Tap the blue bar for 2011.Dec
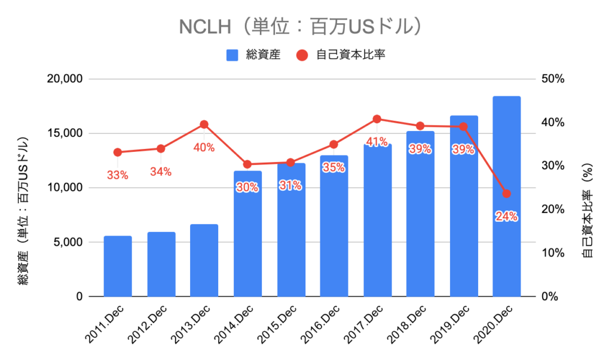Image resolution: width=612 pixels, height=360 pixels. tap(118, 266)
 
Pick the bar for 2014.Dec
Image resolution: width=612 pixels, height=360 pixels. tap(247, 233)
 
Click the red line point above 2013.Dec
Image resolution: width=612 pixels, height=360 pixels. tap(204, 124)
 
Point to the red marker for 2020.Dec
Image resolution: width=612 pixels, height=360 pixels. tap(507, 194)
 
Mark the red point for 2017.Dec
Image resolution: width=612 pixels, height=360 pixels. tap(377, 119)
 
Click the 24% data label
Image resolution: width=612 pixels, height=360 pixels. tap(507, 216)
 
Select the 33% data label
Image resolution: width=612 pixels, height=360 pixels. tap(118, 175)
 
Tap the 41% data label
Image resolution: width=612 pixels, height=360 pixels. tap(377, 142)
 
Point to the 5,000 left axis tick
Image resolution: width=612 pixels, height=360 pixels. tap(68, 242)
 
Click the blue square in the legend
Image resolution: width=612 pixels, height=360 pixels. tap(232, 55)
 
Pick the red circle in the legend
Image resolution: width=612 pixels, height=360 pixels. tap(302, 55)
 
